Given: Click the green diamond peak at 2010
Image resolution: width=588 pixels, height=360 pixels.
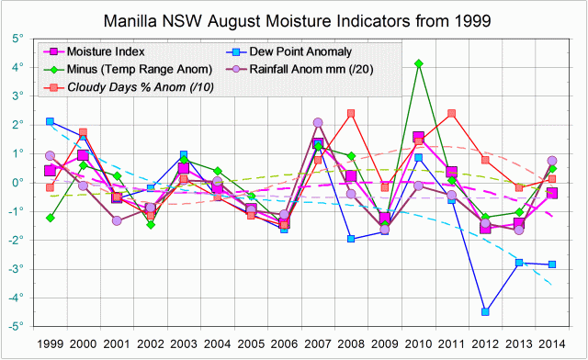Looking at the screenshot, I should (419, 63).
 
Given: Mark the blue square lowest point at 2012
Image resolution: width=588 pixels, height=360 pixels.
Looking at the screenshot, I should (485, 312).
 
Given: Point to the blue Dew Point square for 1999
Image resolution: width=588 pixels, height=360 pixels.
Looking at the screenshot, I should (50, 121).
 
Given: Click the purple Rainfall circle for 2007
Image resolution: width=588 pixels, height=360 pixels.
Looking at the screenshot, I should (318, 122).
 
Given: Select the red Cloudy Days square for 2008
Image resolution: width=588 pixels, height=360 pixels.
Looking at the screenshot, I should (351, 114).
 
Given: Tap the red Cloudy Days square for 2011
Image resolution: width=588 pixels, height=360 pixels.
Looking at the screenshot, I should (452, 114).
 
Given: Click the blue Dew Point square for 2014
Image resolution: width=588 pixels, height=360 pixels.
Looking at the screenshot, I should (552, 264).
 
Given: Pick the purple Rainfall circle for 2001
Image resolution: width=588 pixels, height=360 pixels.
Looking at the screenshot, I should (117, 220).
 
